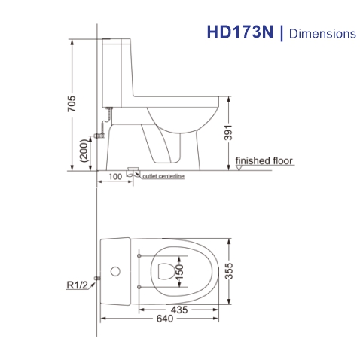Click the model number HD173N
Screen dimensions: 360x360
(x=240, y=33)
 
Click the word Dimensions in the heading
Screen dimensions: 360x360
(x=323, y=34)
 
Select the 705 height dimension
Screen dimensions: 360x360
(x=72, y=104)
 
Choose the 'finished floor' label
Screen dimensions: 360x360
(x=264, y=161)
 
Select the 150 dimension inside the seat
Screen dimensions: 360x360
(x=178, y=270)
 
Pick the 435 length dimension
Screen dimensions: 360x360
(x=179, y=310)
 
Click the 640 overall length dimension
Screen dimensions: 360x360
(x=164, y=319)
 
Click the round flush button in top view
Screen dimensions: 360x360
(x=114, y=270)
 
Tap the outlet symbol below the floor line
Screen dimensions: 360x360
(x=133, y=172)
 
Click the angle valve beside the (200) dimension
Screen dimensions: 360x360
(x=98, y=136)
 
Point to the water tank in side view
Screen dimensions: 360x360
(x=117, y=72)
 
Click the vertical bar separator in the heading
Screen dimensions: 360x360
(x=282, y=33)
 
